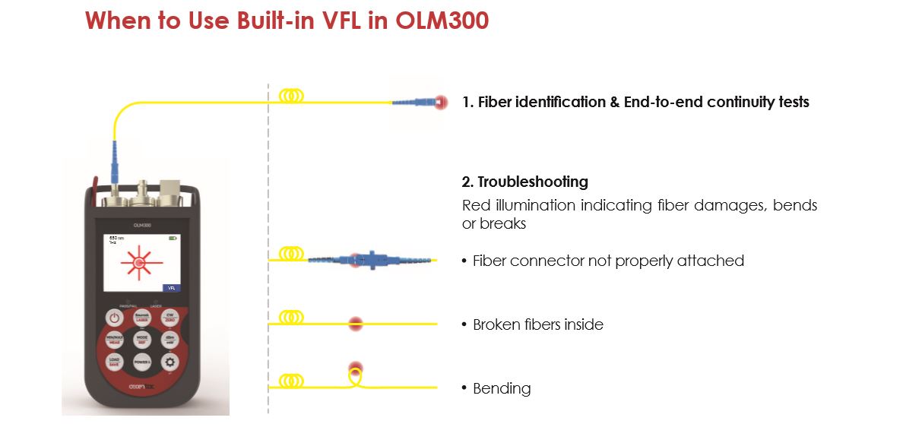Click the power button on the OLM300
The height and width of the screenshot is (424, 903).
coord(114,318)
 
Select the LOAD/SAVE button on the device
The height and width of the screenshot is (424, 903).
coord(114,362)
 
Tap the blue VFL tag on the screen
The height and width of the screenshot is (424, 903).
coord(172,288)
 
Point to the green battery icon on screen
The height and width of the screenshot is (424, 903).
coord(173,238)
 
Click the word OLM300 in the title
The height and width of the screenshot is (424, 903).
coord(442,21)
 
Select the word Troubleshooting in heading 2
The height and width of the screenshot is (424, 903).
coord(532,182)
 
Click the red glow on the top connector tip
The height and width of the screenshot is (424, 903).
coord(439,103)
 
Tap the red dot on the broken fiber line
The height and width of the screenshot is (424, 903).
coord(354,324)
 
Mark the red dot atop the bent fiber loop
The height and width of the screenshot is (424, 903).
coord(353,369)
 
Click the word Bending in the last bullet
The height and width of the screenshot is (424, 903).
coord(502,388)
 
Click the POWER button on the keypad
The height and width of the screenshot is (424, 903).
coord(141,362)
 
